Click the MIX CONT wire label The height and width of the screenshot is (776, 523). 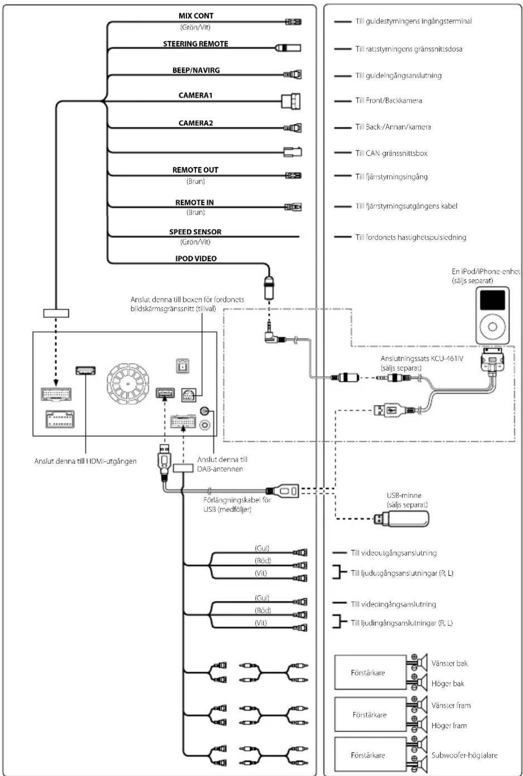click(196, 16)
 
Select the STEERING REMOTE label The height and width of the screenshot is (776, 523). click(196, 44)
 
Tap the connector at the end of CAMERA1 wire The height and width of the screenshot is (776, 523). click(291, 101)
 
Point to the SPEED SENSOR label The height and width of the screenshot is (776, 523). click(195, 232)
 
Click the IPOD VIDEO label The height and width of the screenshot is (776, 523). click(196, 259)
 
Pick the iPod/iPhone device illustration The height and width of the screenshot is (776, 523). click(492, 315)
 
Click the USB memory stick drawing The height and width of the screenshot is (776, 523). click(401, 519)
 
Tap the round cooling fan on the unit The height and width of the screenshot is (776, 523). click(128, 383)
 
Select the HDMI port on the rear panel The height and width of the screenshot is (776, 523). click(85, 370)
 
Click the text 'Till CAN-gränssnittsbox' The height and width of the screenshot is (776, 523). click(391, 153)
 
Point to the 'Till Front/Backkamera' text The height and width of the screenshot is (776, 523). click(389, 100)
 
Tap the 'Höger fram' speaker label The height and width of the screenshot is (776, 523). click(449, 726)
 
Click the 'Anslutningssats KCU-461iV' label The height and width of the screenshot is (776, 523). click(422, 359)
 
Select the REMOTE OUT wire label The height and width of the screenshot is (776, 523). click(195, 170)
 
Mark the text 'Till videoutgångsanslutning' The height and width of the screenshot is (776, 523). click(394, 553)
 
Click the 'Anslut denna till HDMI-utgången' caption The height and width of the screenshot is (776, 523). click(85, 461)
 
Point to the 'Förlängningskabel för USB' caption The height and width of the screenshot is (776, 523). click(237, 505)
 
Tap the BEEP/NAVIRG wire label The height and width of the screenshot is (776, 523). click(196, 70)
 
